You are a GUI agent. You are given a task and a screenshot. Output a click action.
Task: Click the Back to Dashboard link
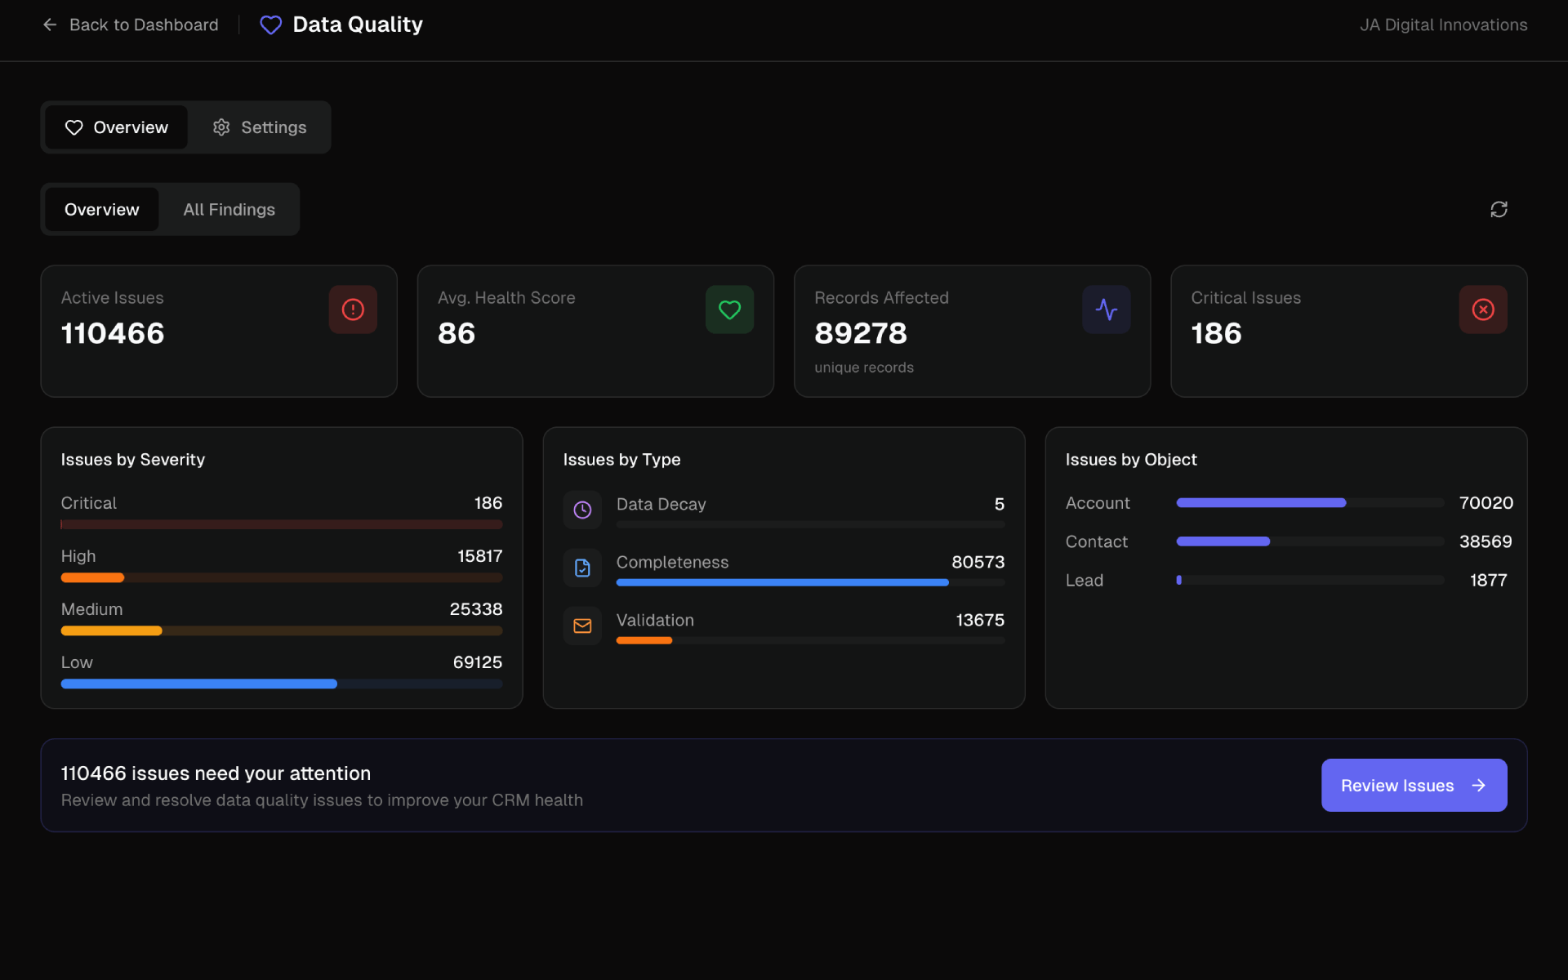pyautogui.click(x=131, y=25)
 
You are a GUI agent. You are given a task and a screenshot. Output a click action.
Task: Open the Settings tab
pyautogui.click(x=260, y=127)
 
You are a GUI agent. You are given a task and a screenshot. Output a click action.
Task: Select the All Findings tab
pyautogui.click(x=229, y=210)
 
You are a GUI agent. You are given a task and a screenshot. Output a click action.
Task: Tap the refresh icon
pyautogui.click(x=1499, y=210)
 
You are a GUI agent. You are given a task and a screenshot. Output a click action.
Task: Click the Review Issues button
pyautogui.click(x=1414, y=786)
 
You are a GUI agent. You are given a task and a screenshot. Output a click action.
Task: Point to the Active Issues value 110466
pyautogui.click(x=113, y=333)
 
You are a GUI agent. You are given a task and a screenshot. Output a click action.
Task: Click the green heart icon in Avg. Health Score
pyautogui.click(x=729, y=310)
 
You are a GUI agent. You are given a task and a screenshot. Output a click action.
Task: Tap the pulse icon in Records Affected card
pyautogui.click(x=1106, y=310)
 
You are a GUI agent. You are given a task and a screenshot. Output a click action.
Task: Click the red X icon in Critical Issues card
pyautogui.click(x=1482, y=310)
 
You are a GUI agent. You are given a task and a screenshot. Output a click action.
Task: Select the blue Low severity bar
pyautogui.click(x=198, y=684)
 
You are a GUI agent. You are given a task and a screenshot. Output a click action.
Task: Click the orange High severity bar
pyautogui.click(x=92, y=577)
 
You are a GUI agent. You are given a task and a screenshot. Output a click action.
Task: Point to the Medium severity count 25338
pyautogui.click(x=475, y=609)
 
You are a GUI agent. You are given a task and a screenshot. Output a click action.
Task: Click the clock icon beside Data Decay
pyautogui.click(x=582, y=510)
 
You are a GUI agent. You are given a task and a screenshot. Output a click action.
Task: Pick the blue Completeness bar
pyautogui.click(x=782, y=582)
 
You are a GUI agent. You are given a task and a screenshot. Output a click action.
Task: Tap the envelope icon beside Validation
pyautogui.click(x=582, y=626)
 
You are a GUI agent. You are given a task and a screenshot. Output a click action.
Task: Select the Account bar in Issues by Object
pyautogui.click(x=1260, y=503)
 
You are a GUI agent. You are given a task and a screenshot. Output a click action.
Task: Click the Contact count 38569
pyautogui.click(x=1485, y=541)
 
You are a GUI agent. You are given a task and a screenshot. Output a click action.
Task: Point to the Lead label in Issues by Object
pyautogui.click(x=1084, y=581)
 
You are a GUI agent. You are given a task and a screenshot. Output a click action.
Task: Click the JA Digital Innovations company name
pyautogui.click(x=1443, y=25)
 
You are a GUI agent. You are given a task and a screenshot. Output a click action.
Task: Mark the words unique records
pyautogui.click(x=863, y=367)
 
